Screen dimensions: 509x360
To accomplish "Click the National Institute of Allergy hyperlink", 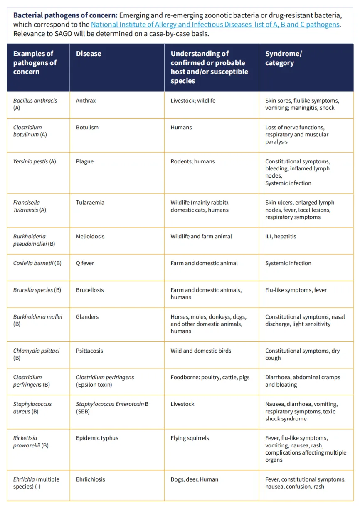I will tap(215, 25).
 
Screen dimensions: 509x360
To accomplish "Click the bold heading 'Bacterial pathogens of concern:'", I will tap(65, 15).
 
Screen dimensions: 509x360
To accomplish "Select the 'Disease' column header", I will tap(89, 54).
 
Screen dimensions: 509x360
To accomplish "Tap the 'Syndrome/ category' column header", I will tap(284, 58).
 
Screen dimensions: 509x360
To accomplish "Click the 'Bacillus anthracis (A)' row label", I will tap(35, 104).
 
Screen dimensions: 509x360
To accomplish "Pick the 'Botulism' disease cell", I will tap(87, 127).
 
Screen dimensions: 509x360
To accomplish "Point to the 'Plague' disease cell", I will tap(85, 161).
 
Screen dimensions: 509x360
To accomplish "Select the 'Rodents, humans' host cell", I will tap(192, 161).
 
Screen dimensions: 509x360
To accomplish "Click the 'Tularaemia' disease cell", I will tap(90, 203).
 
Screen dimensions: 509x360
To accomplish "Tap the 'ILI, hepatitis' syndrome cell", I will tap(281, 236).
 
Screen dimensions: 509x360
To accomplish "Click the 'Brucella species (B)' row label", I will tap(37, 290).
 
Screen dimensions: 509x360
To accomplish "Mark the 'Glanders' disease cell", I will tap(88, 316).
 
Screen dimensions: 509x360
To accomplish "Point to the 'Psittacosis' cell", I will tap(90, 351).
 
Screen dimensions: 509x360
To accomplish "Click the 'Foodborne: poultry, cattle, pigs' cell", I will tap(210, 377).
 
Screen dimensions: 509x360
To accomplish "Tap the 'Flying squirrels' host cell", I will tap(190, 438).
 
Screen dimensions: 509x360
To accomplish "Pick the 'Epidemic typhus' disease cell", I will tap(97, 438).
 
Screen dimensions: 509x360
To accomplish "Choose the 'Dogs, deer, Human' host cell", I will tap(194, 479).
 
